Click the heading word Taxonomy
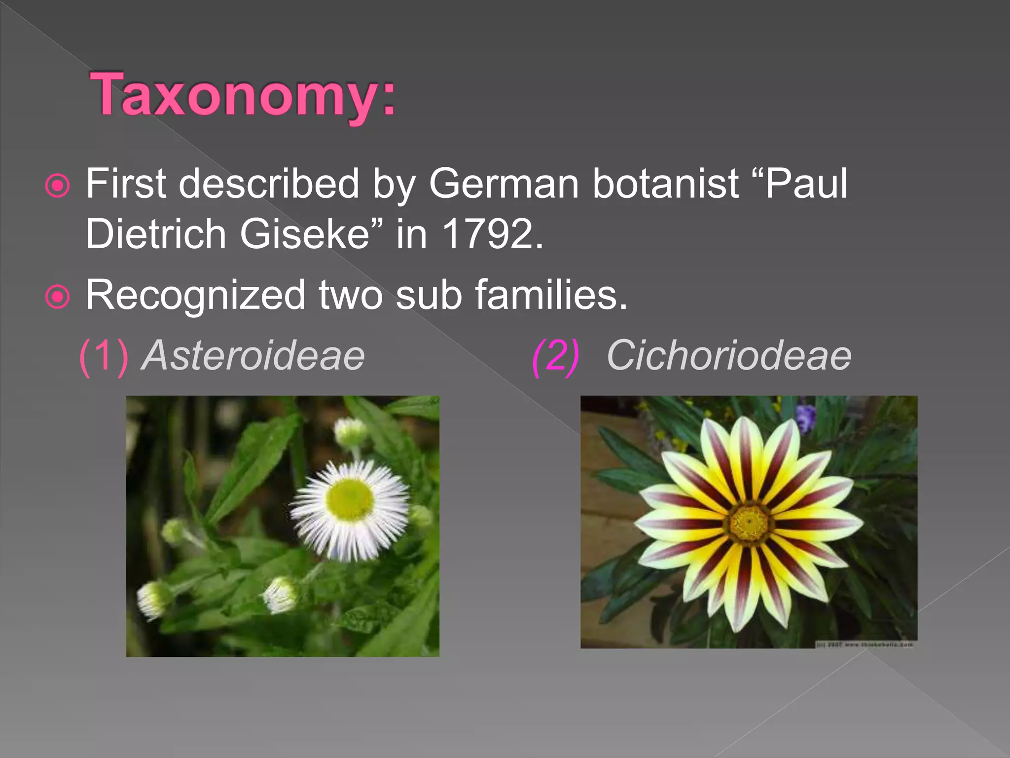tap(242, 95)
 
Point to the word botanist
tap(665, 184)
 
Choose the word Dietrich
tap(156, 234)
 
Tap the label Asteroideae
tap(253, 355)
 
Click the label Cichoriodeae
tap(729, 355)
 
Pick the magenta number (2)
tap(556, 356)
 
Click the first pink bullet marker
tap(58, 186)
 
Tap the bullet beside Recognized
tap(58, 297)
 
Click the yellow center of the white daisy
tap(350, 498)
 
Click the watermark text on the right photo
tap(866, 644)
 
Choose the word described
tap(269, 184)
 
